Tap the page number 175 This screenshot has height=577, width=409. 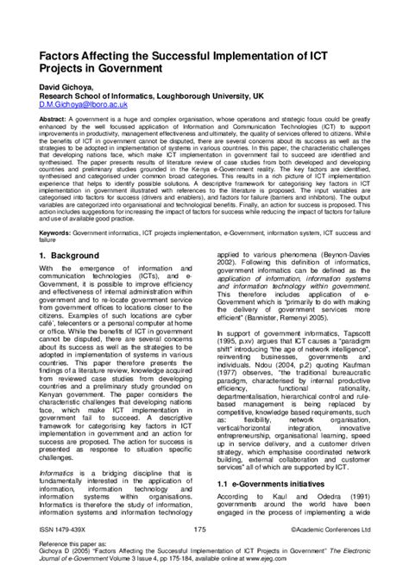click(x=200, y=530)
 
